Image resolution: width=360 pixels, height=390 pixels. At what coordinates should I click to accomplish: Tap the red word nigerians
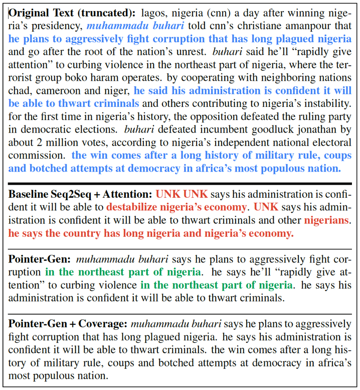click(x=326, y=220)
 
